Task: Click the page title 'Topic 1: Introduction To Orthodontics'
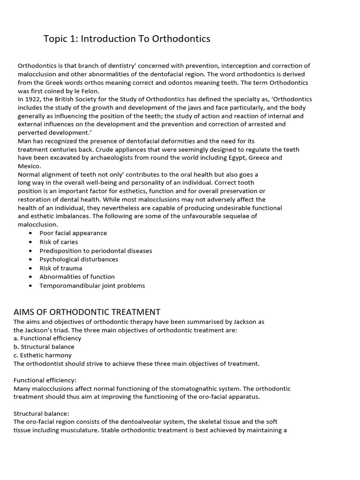tap(127, 39)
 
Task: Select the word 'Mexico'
tap(29, 166)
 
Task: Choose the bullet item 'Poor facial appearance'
tap(73, 233)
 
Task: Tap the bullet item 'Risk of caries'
tap(59, 242)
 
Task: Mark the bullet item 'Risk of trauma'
tap(60, 268)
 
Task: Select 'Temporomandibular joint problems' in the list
tap(92, 285)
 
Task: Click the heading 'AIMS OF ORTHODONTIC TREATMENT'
tap(87, 312)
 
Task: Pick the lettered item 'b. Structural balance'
tap(44, 347)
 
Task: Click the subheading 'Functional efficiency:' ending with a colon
tap(45, 380)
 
